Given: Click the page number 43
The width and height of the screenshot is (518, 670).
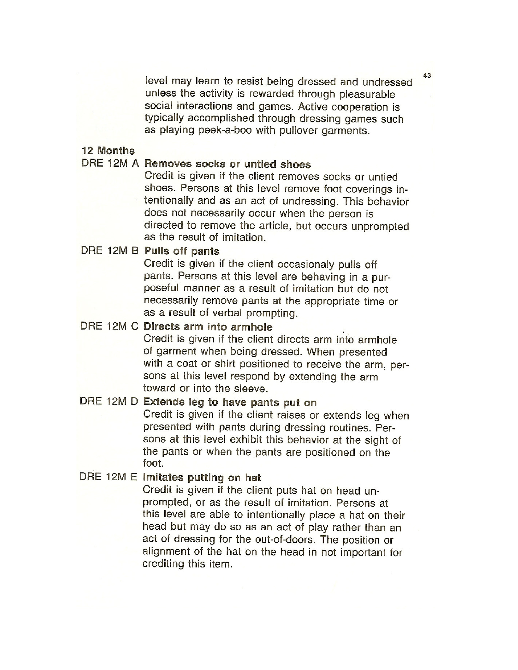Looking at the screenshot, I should point(427,75).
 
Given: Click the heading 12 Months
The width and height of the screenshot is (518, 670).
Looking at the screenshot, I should point(108,151).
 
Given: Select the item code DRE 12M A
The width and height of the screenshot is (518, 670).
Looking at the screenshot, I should point(110,163).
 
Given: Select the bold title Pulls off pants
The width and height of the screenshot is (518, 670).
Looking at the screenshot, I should point(182,251).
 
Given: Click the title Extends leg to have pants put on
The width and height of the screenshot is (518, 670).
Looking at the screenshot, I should point(230,402).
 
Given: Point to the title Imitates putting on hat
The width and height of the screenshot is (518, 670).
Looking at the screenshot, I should point(202,478).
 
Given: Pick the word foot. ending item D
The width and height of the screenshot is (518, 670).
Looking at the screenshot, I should point(153,463).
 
